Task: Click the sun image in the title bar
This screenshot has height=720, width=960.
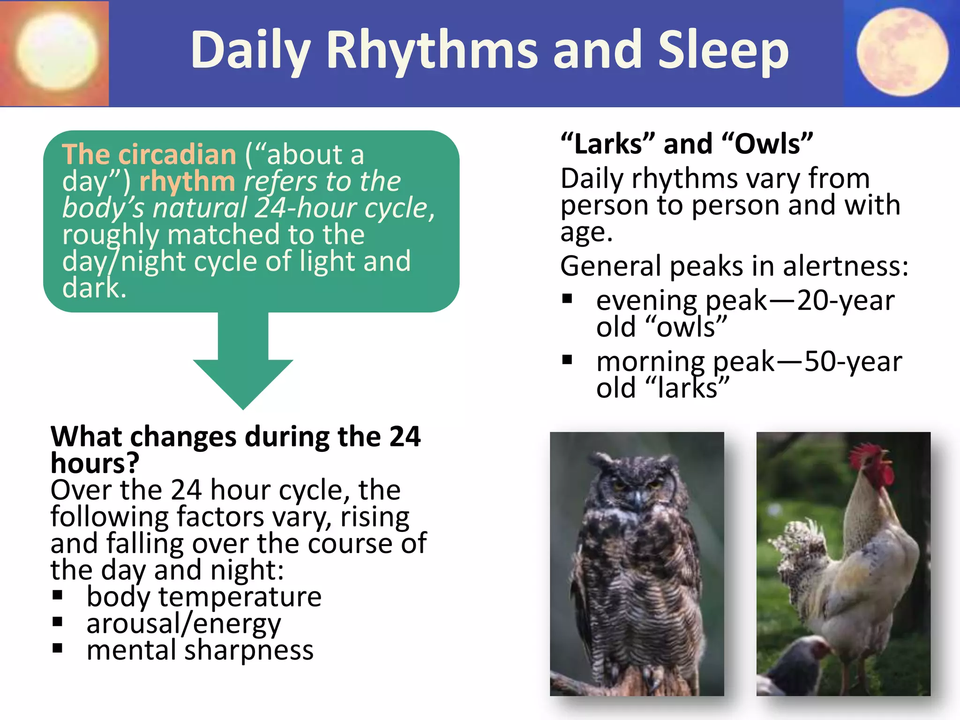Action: pos(56,52)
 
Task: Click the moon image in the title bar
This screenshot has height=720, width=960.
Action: pos(902,52)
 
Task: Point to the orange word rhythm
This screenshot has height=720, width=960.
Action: pos(187,181)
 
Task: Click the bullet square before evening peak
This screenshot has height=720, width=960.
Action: pos(567,299)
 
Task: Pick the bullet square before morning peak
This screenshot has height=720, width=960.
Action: pos(567,360)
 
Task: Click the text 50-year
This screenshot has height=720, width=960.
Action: pos(853,361)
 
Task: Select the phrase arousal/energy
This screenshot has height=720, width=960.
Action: pos(183,624)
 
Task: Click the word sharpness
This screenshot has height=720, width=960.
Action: pos(248,651)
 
